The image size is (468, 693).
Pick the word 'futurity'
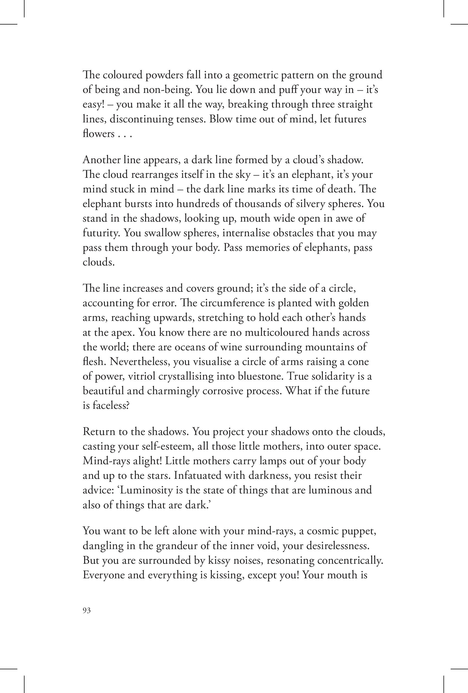tap(101, 233)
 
